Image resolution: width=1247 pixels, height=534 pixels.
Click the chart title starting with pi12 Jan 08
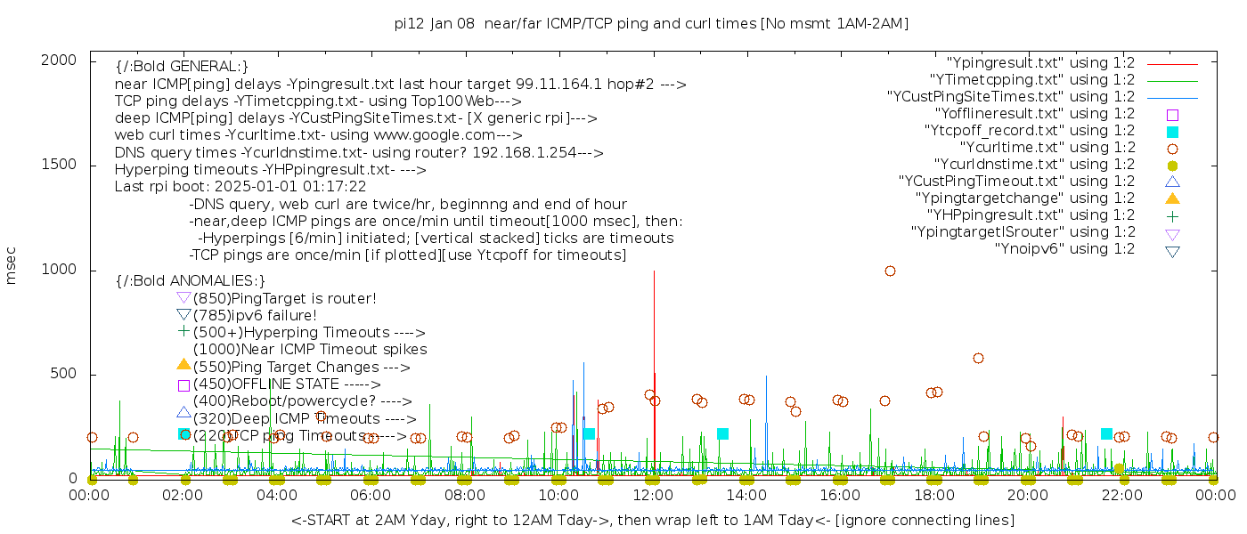[x=651, y=24]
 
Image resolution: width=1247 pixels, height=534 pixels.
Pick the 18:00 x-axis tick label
[x=933, y=495]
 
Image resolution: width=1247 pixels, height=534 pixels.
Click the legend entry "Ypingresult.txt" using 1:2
[x=1040, y=63]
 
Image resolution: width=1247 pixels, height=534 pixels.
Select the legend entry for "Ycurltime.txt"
[x=1047, y=148]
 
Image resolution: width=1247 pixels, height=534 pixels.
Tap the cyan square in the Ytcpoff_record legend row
[x=1172, y=131]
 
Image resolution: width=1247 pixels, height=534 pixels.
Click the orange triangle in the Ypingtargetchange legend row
[x=1172, y=198]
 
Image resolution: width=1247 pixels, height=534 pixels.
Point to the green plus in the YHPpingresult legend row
[x=1172, y=215]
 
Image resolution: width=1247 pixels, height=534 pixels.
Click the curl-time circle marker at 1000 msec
[x=890, y=271]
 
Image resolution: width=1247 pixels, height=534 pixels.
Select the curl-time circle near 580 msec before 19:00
[x=978, y=358]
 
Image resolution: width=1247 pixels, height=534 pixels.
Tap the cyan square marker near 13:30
[x=722, y=433]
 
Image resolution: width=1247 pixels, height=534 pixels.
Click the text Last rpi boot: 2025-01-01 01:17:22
[x=240, y=187]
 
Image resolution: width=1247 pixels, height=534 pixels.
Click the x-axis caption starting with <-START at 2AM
[x=652, y=520]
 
